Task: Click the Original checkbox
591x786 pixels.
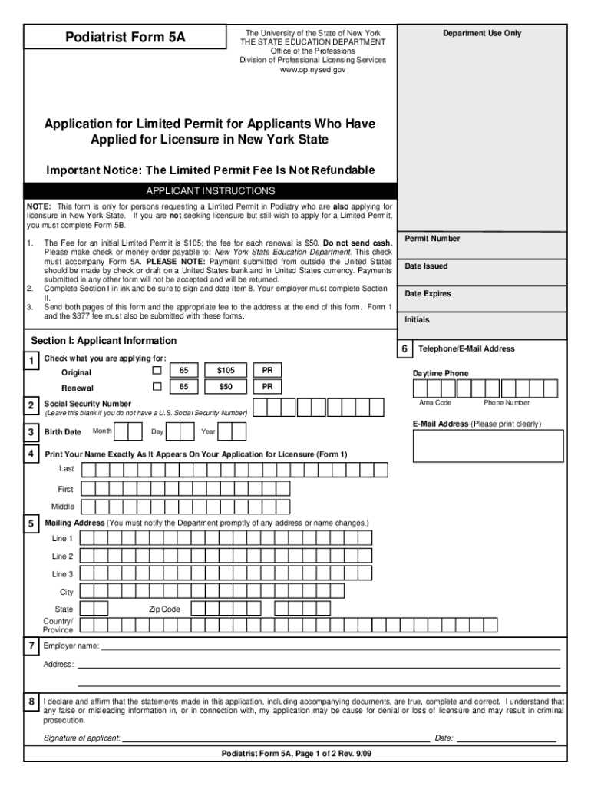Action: pyautogui.click(x=157, y=372)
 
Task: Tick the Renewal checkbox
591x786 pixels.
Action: pyautogui.click(x=157, y=386)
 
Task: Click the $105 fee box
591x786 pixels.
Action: pyautogui.click(x=226, y=371)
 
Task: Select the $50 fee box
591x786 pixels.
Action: pyautogui.click(x=226, y=386)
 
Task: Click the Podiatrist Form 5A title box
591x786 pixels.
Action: pyautogui.click(x=124, y=37)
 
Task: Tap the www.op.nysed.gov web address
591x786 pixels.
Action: pyautogui.click(x=312, y=69)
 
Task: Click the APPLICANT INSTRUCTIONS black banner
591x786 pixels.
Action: pyautogui.click(x=210, y=190)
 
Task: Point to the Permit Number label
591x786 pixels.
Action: pyautogui.click(x=432, y=239)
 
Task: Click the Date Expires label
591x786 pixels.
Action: pyautogui.click(x=428, y=294)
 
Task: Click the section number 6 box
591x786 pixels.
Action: pyautogui.click(x=404, y=349)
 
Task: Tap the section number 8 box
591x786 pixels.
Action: pyautogui.click(x=31, y=702)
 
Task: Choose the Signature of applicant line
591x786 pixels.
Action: pyautogui.click(x=275, y=738)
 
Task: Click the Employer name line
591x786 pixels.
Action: pyautogui.click(x=330, y=646)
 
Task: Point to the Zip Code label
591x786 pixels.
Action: pyautogui.click(x=164, y=609)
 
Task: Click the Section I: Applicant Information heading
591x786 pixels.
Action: pyautogui.click(x=104, y=341)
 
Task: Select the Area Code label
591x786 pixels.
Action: pyautogui.click(x=435, y=403)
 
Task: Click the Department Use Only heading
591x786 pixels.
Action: pyautogui.click(x=481, y=33)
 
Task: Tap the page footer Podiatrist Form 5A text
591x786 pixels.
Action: pyautogui.click(x=295, y=754)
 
